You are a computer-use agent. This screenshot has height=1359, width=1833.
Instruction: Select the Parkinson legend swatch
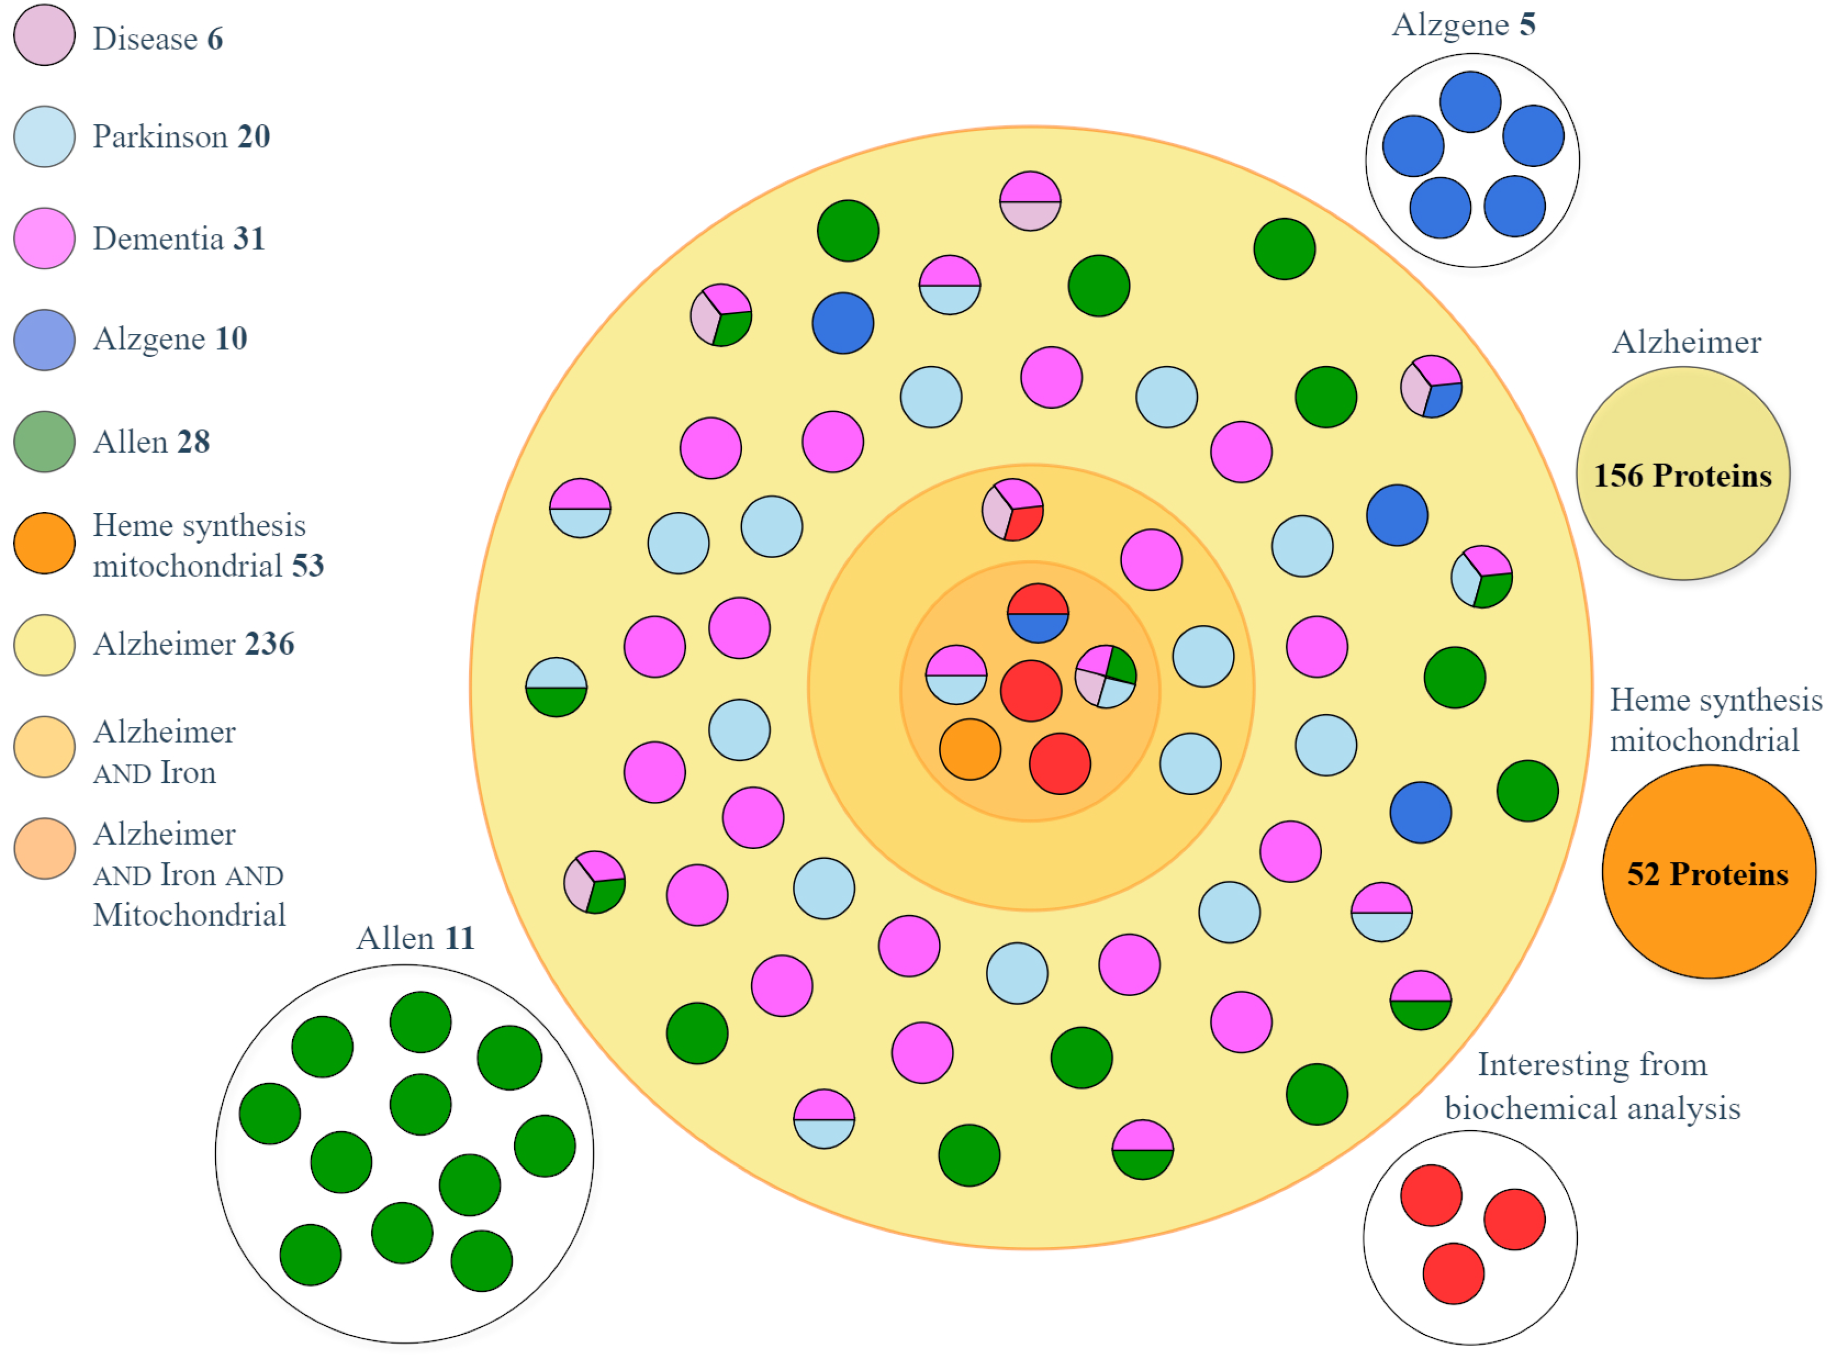click(44, 136)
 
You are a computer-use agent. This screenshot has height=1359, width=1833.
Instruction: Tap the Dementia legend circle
click(44, 238)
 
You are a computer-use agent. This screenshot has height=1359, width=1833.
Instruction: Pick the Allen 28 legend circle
click(44, 442)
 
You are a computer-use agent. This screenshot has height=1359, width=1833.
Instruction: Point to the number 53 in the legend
click(308, 566)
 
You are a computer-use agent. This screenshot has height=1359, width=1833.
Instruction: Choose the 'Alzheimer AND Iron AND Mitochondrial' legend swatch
click(44, 848)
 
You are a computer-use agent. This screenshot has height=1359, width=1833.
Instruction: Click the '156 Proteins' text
click(1682, 475)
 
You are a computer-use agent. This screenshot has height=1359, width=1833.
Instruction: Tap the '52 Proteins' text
click(1707, 873)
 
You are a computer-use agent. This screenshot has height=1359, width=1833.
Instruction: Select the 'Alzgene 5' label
click(1463, 25)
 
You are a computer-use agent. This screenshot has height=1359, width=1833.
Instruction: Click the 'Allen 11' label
click(415, 938)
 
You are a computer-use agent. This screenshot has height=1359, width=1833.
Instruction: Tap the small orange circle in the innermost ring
click(970, 749)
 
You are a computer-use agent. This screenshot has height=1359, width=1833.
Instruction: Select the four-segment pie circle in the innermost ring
click(1106, 676)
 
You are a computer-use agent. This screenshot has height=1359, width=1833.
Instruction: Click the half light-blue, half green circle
click(556, 687)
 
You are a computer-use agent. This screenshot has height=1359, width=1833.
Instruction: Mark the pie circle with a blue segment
click(1431, 386)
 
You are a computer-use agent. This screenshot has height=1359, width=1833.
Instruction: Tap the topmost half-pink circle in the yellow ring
click(1030, 201)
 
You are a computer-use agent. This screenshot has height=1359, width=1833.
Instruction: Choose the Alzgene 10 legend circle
click(44, 339)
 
